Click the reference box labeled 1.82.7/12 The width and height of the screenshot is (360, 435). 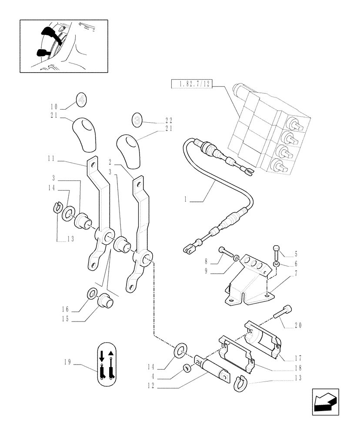(x=191, y=84)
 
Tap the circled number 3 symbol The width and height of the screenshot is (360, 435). (x=138, y=119)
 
